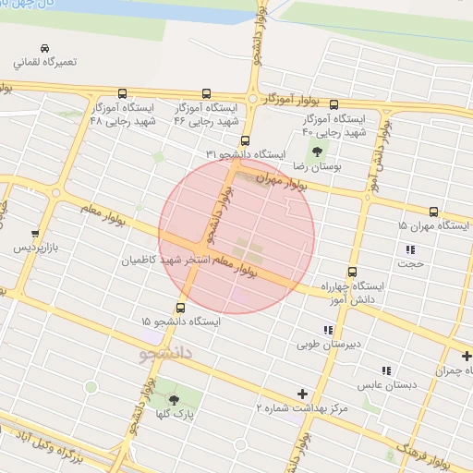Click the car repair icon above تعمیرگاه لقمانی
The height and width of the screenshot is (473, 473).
[45, 48]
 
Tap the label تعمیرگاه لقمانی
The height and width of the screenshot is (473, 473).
[45, 64]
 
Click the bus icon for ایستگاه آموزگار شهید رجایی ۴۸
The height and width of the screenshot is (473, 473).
[123, 93]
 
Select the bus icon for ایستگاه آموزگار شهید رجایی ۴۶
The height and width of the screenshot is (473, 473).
[205, 93]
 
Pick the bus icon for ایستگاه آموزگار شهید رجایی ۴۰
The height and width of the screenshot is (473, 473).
[334, 105]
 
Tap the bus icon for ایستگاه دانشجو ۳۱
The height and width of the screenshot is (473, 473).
[245, 141]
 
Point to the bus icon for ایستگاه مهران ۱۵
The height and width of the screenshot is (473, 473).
[433, 212]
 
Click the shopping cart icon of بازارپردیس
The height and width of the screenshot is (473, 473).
[35, 234]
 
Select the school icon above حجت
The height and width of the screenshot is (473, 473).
[410, 249]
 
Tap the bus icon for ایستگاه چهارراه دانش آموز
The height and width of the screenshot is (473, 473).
[352, 272]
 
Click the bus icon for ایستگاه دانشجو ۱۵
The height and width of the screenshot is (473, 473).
[180, 308]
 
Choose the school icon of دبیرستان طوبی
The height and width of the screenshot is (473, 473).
[327, 330]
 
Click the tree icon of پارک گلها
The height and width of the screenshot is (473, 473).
[174, 400]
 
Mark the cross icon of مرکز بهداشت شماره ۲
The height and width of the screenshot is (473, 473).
[302, 393]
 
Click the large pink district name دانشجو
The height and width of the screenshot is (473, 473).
[169, 353]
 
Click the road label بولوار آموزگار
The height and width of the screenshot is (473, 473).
[293, 99]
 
